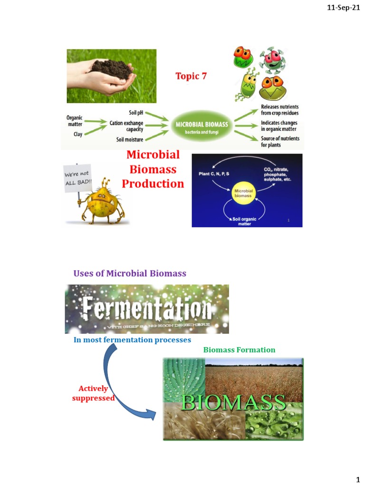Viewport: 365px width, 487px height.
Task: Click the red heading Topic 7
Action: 191,76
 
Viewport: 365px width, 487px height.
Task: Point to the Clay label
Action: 77,134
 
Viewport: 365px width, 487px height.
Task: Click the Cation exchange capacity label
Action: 126,126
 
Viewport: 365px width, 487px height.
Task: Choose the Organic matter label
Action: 75,121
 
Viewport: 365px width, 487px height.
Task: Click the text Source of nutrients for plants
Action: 280,142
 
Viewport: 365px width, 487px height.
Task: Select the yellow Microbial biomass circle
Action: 243,193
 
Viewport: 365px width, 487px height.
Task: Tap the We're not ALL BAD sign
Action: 77,179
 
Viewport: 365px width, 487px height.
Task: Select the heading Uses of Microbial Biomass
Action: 129,273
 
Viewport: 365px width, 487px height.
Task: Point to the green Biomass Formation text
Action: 239,350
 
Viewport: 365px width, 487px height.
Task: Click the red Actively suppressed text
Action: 93,393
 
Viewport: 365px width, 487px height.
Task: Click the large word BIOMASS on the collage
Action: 233,403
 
